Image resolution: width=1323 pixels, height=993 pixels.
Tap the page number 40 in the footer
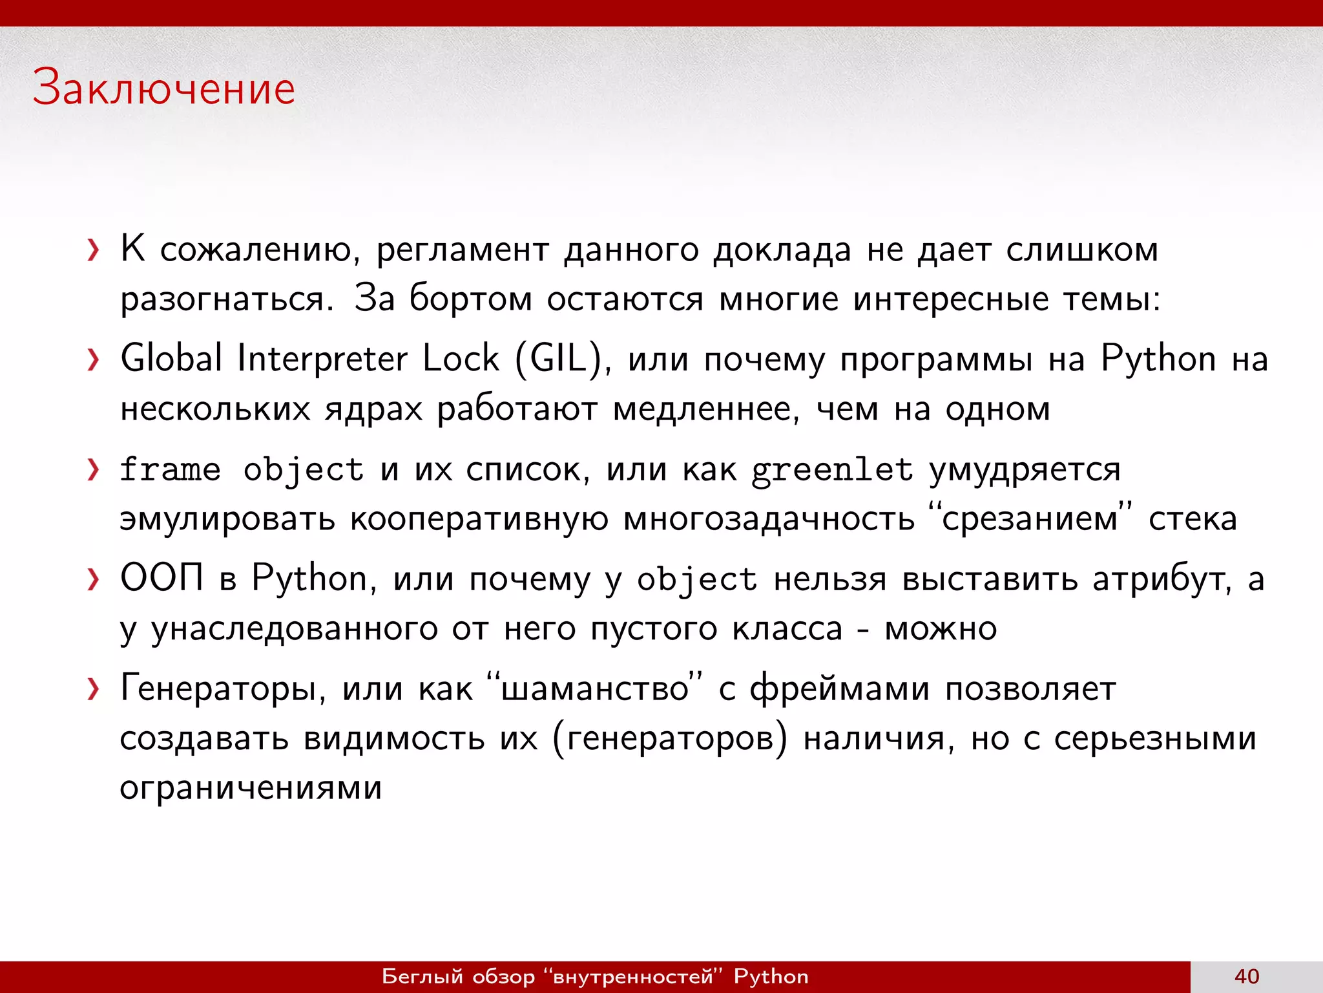(x=1246, y=976)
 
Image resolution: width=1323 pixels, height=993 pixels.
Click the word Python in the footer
(x=771, y=976)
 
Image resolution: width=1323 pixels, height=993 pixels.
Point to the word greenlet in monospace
(x=832, y=470)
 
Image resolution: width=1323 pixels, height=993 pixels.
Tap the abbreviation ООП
(x=162, y=577)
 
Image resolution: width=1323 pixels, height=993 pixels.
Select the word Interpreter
(x=322, y=359)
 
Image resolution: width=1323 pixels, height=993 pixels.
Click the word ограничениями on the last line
(x=251, y=788)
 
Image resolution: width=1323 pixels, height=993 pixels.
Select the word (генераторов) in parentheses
(x=670, y=739)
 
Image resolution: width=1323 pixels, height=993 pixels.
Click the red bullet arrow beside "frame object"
(x=94, y=470)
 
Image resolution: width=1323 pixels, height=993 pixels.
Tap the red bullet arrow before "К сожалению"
(x=94, y=250)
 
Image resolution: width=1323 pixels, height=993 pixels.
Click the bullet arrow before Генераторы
(x=94, y=690)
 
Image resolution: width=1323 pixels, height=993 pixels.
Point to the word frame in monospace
(x=170, y=470)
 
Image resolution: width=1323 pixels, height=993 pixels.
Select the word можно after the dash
(x=941, y=629)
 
